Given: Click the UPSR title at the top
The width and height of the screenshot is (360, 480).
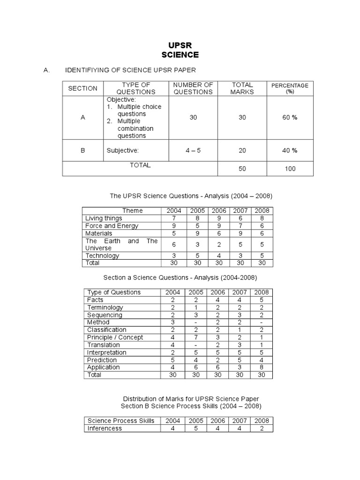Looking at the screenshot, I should (180, 45).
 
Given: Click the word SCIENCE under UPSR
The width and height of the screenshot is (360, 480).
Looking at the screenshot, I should (180, 55).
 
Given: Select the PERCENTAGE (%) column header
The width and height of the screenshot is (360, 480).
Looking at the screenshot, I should (290, 88).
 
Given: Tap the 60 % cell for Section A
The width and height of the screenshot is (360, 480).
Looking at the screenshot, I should (290, 117).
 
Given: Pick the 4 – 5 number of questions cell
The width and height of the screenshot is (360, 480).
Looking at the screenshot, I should (193, 150).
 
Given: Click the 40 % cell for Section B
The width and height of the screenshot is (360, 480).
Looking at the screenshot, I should (290, 150).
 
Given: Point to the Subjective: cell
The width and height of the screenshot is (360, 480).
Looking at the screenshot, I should (122, 150).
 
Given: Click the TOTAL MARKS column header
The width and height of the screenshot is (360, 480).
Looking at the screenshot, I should (242, 88).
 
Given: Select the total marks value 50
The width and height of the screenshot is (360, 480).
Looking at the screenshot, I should (242, 169).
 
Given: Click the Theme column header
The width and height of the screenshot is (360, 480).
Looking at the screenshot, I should (132, 210).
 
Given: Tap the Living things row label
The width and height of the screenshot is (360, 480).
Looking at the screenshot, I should (104, 218).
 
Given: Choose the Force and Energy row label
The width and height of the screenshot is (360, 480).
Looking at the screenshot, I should (112, 225).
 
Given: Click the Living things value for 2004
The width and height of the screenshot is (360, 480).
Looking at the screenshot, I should (173, 218).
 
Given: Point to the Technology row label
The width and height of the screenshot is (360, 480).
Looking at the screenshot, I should (102, 255).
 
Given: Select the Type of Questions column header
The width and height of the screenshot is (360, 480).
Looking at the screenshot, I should (114, 292).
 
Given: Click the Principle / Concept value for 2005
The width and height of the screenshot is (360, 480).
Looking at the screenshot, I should (196, 337).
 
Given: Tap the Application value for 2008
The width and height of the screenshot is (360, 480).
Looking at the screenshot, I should (262, 367).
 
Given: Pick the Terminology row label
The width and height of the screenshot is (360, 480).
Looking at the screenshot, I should (105, 307).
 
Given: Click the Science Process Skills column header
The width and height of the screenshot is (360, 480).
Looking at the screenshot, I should (121, 420).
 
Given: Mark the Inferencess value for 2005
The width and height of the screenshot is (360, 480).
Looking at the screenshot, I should (196, 428).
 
